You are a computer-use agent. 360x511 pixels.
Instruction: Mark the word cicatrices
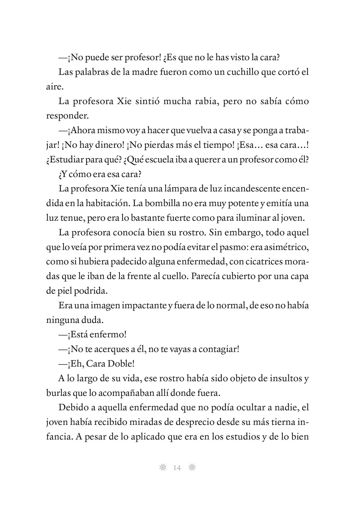click(261, 262)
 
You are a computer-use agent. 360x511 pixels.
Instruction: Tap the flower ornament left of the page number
click(162, 468)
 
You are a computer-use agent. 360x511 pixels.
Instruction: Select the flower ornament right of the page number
click(192, 468)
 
